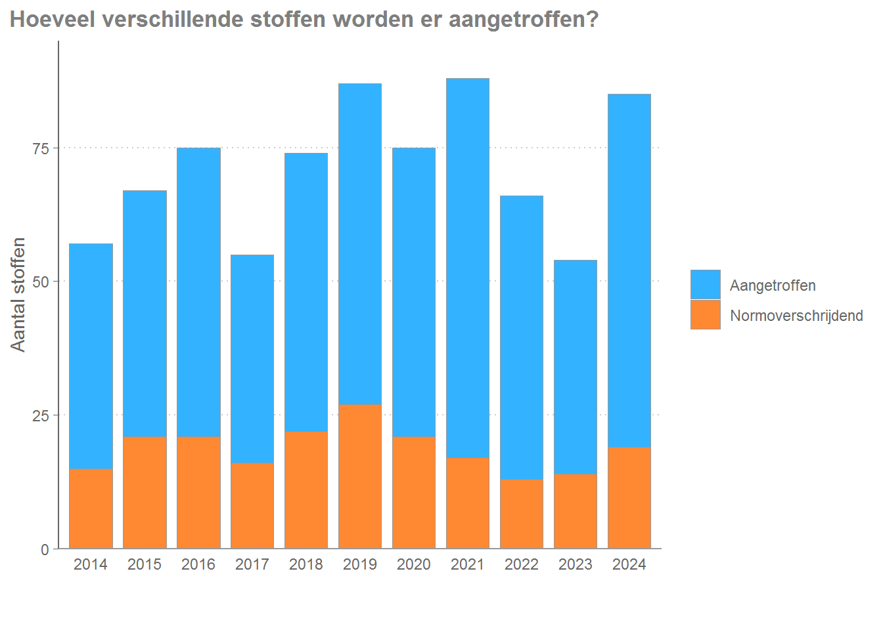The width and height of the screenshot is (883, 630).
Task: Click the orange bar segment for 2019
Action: coord(360,476)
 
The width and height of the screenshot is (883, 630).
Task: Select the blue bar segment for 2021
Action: coord(468,268)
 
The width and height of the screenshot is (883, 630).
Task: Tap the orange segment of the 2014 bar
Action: coord(91,509)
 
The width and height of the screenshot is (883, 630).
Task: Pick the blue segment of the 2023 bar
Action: coord(576,367)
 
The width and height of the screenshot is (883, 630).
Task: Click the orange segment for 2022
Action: coord(522,514)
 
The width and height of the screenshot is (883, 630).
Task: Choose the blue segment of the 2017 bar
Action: coord(252,359)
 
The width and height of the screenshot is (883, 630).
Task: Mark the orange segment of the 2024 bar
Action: coord(629,497)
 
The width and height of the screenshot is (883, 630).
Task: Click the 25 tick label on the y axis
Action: coord(41,415)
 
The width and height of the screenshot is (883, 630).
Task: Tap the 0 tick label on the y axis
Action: coord(45,549)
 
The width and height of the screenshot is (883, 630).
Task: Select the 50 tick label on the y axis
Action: coord(41,282)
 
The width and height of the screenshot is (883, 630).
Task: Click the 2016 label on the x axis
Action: coord(198,564)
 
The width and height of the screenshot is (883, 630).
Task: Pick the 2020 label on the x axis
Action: coord(414,564)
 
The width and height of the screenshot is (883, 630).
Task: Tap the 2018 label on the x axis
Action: coord(306,564)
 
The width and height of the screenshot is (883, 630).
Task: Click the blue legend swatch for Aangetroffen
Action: coord(706,285)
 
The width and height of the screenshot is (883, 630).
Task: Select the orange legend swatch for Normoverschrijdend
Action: coord(706,315)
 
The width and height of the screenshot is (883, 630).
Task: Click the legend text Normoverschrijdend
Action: coord(796,316)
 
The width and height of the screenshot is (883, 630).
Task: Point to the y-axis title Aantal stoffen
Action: coord(18,295)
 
